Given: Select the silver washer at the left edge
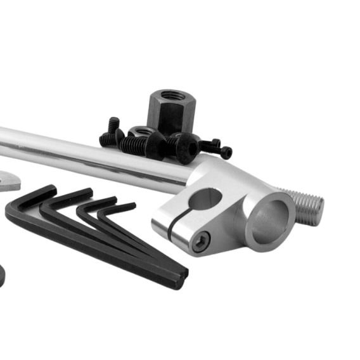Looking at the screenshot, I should [x=8, y=180].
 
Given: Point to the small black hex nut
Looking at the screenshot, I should [x=141, y=133].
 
